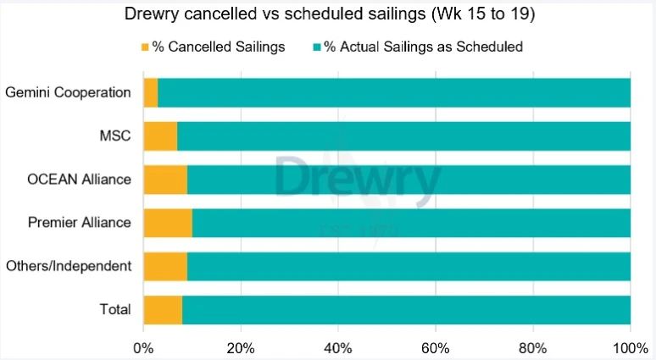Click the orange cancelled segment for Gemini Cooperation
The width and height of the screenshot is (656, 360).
point(151,92)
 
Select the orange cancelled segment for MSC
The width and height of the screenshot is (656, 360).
point(160,136)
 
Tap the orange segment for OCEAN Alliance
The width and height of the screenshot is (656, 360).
point(165,180)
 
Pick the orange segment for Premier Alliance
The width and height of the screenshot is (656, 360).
point(168,223)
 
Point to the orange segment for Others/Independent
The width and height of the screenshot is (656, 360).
point(165,266)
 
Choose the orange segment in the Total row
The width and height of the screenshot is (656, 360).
point(163,309)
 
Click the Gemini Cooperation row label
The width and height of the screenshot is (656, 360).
point(68,92)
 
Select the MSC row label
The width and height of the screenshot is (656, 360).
point(116,136)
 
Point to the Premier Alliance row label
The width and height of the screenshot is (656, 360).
point(80,223)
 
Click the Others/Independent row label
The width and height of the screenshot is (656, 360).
point(69,266)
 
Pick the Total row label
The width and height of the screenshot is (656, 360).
point(115,309)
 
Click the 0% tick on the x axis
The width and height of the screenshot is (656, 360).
point(143,348)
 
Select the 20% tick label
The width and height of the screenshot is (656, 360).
point(241,348)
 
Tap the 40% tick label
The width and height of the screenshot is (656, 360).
point(338,348)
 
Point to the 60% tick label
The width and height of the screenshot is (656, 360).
point(436,348)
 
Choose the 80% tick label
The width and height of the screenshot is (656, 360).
point(533,348)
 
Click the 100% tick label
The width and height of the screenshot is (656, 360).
point(629,348)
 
